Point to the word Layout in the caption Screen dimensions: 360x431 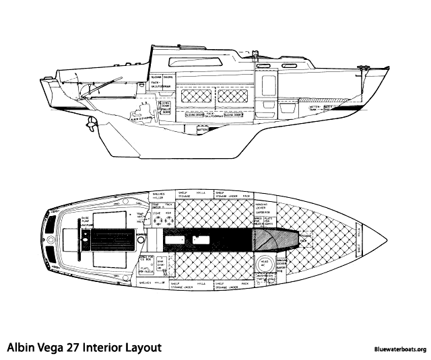coord(148,347)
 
